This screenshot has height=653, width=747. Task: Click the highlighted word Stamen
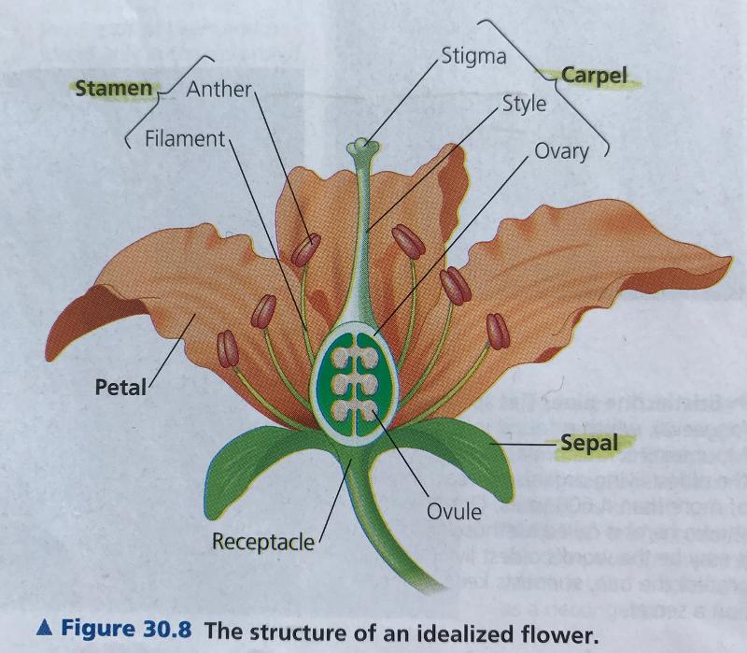[x=113, y=88]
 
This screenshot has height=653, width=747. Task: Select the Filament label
[x=185, y=139]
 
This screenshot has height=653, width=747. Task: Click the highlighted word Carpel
[x=594, y=75]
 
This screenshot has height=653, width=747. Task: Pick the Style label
[x=524, y=104]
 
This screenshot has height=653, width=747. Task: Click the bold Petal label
[x=121, y=386]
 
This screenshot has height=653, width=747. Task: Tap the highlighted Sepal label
[x=589, y=443]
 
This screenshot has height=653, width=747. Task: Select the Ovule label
[x=454, y=511]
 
